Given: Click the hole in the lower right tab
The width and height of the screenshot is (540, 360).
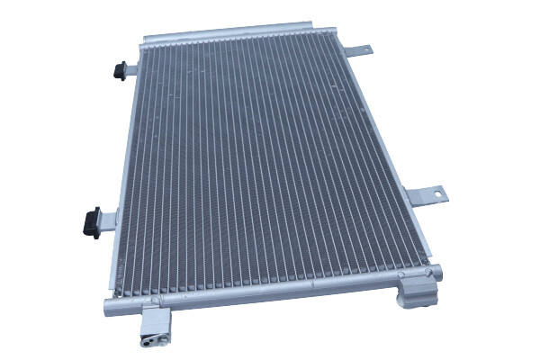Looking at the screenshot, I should pos(436,193).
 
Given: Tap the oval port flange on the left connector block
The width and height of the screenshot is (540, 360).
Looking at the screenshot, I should pos(148,340).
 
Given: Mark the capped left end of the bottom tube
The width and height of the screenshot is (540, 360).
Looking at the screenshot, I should pos(109,303).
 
